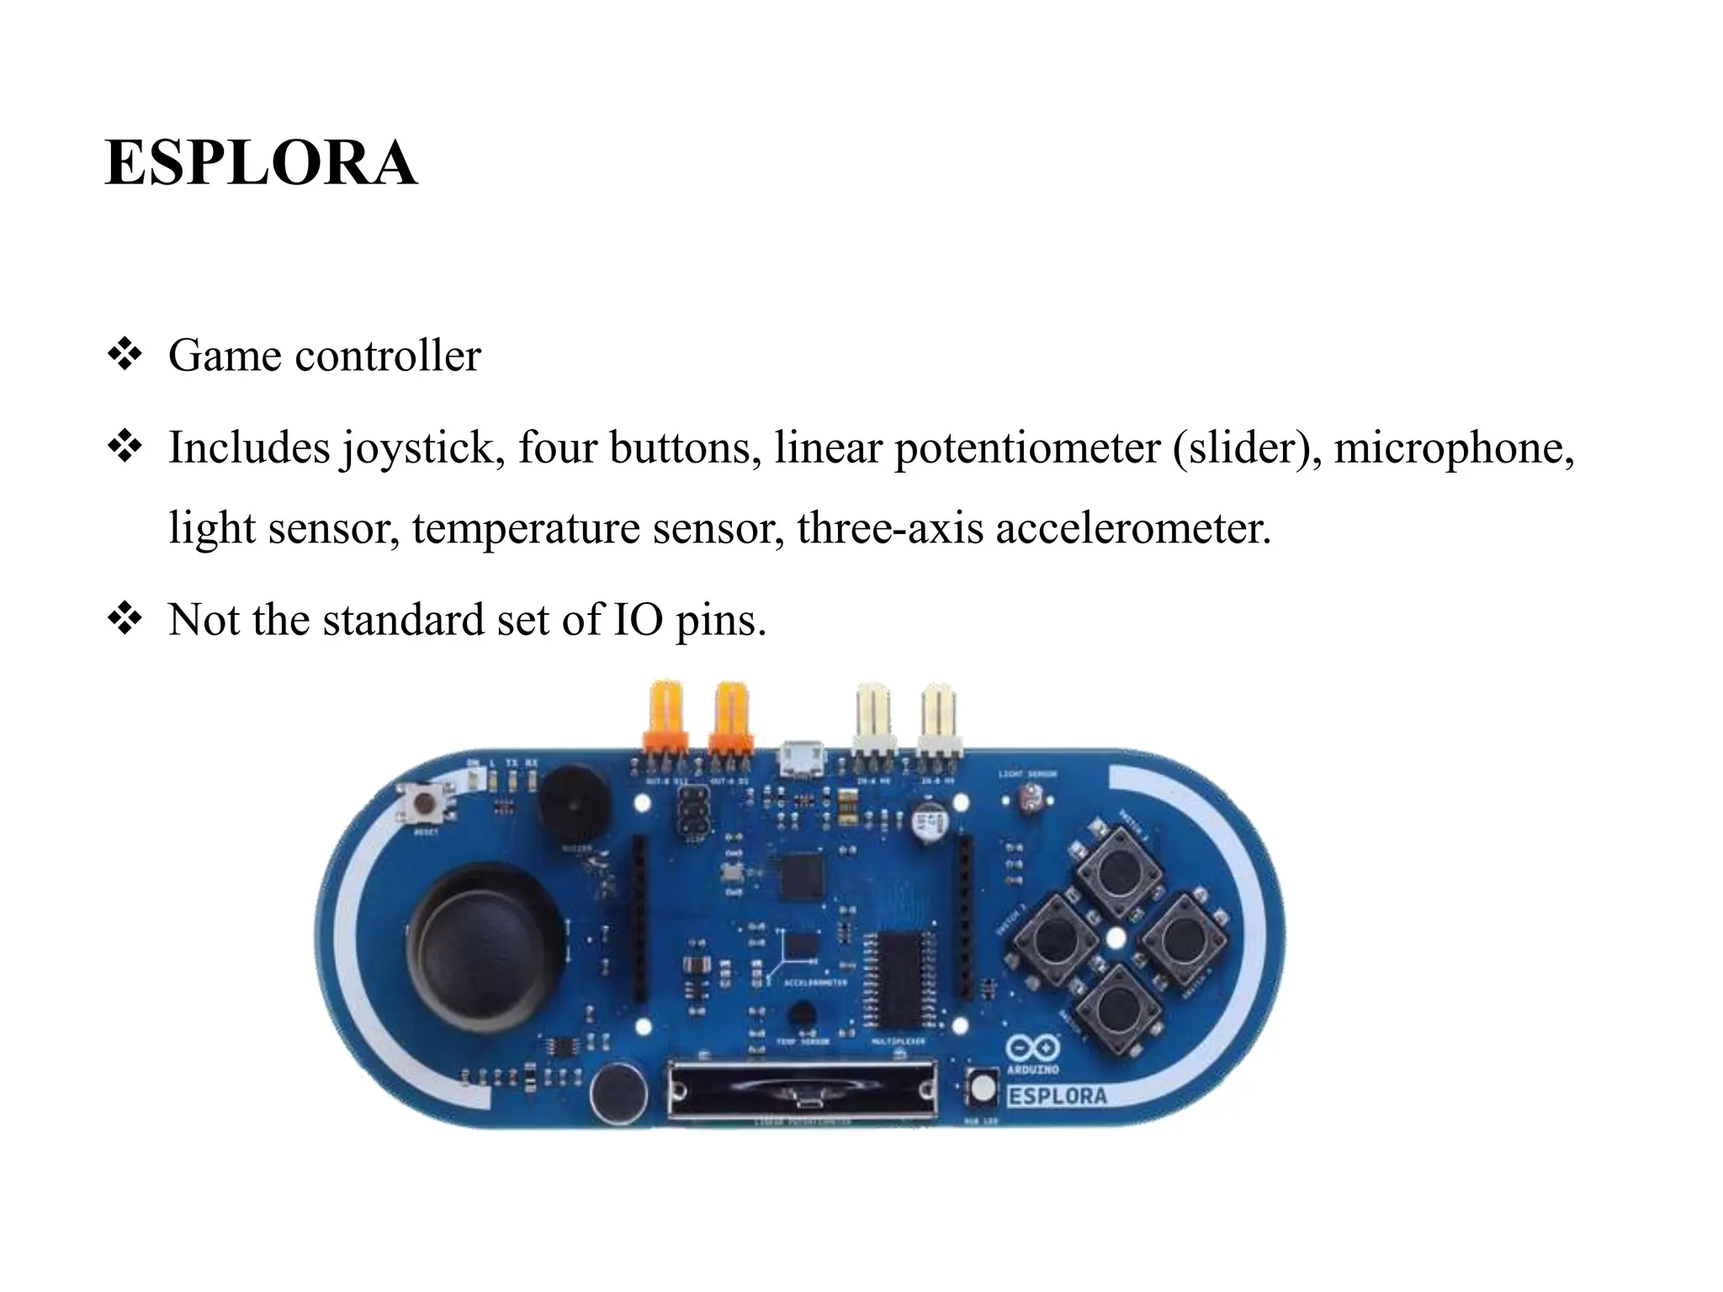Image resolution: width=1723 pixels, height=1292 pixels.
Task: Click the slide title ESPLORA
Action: click(261, 162)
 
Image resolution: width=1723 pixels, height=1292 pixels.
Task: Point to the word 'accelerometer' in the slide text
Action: click(1132, 528)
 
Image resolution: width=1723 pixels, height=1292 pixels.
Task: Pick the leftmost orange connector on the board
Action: click(665, 717)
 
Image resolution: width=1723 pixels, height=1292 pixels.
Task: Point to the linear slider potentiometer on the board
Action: click(802, 1089)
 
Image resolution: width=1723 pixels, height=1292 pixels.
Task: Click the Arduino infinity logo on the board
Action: click(1032, 1048)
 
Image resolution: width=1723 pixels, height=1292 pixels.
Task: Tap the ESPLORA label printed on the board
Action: click(1058, 1096)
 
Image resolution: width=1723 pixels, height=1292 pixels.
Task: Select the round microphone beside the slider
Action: click(618, 1093)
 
